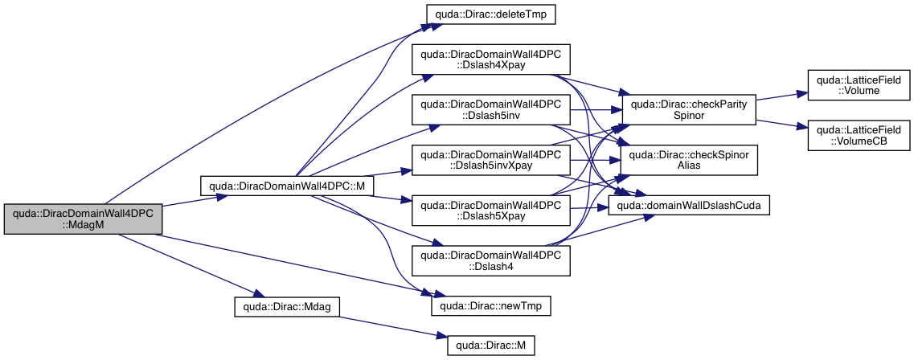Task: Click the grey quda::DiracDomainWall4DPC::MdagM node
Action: tap(84, 219)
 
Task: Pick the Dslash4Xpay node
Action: tap(490, 59)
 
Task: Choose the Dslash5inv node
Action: tap(490, 109)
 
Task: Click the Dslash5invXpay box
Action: tap(490, 159)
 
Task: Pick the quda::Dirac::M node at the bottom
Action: tap(490, 346)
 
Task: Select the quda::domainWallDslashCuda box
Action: tap(689, 207)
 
